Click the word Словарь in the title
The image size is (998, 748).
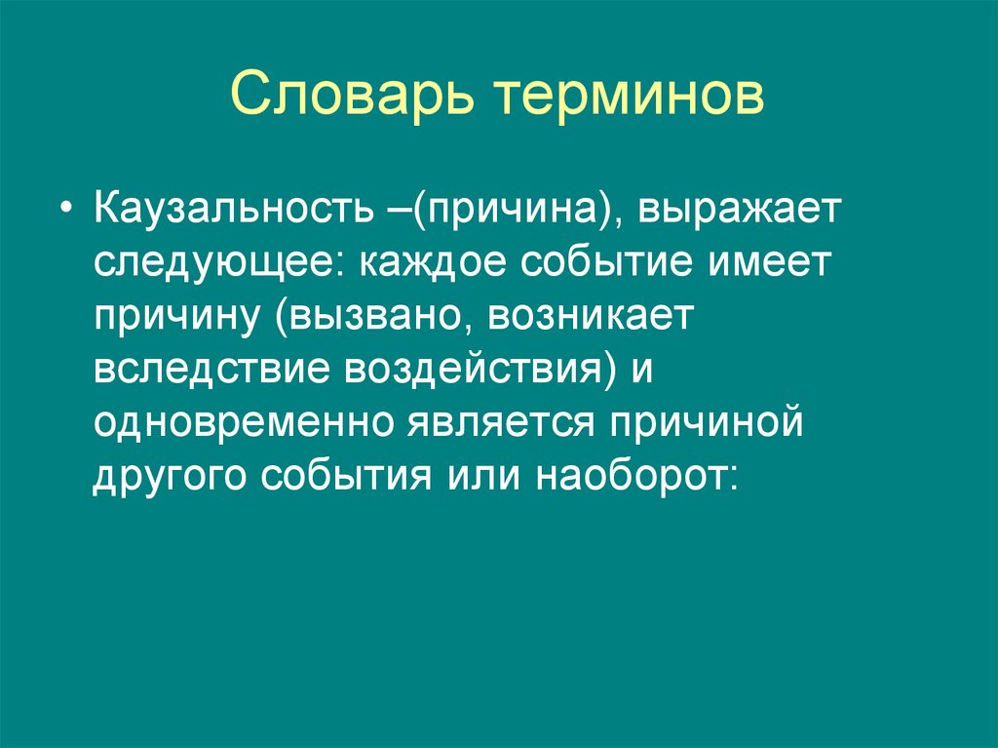point(354,97)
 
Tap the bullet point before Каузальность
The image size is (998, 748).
point(66,214)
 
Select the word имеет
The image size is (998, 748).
point(781,265)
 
